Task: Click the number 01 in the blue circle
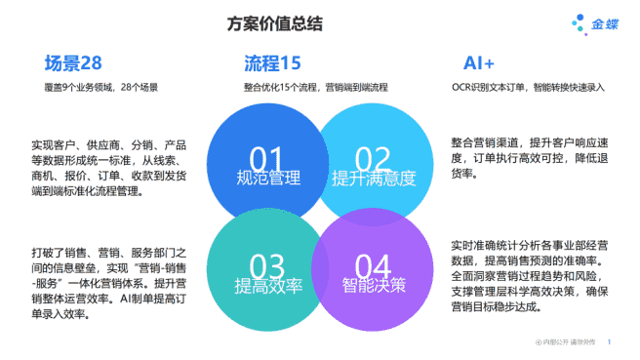266,158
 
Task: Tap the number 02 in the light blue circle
373,158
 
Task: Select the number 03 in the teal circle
266,265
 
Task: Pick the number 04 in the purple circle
373,265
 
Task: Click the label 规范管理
267,179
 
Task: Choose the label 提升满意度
373,179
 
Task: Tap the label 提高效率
266,286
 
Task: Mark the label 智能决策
373,286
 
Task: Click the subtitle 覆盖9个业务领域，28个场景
101,88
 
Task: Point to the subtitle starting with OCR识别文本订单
528,88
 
